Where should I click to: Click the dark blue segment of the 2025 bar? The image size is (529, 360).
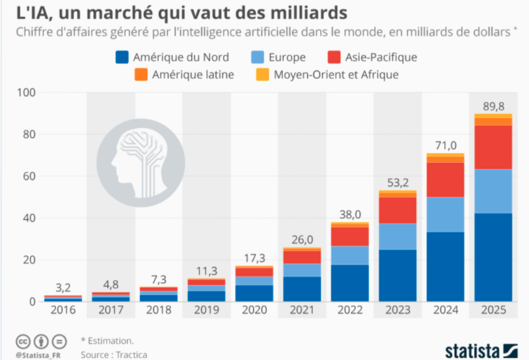pos(493,257)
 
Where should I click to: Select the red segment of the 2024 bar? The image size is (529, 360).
pos(445,180)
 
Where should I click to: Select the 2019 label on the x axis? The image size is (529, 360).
pos(206,312)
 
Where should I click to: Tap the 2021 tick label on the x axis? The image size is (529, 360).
pos(302,312)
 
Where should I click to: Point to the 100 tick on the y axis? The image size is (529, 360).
pos(25,92)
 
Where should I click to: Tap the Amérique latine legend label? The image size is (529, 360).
pos(193,75)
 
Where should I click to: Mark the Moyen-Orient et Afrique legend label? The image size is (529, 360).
pos(336,75)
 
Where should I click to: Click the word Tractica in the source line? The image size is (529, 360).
pos(129,354)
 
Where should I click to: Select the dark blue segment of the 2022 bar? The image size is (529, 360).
pos(350,283)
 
